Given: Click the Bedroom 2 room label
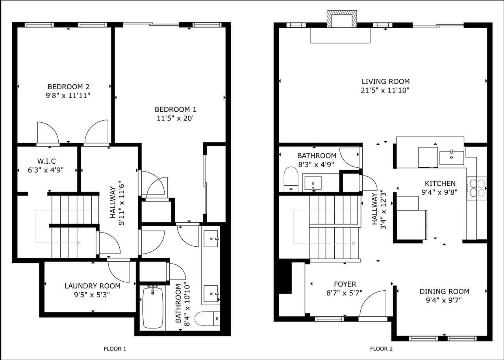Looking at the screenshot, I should (x=65, y=87).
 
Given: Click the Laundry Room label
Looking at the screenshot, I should (x=93, y=286).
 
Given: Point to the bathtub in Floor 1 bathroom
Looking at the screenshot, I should (x=153, y=307).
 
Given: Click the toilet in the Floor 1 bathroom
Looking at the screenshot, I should (x=207, y=318).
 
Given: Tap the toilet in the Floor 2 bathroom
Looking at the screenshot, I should (x=291, y=179).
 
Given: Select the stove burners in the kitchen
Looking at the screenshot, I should (x=476, y=188).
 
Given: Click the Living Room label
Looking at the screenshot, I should (x=385, y=82).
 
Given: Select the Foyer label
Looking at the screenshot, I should (x=345, y=284).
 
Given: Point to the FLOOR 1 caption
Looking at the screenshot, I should (x=115, y=349).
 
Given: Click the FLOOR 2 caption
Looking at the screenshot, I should (x=381, y=349).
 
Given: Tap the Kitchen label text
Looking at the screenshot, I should (x=440, y=184).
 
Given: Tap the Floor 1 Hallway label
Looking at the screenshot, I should (x=112, y=202).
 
